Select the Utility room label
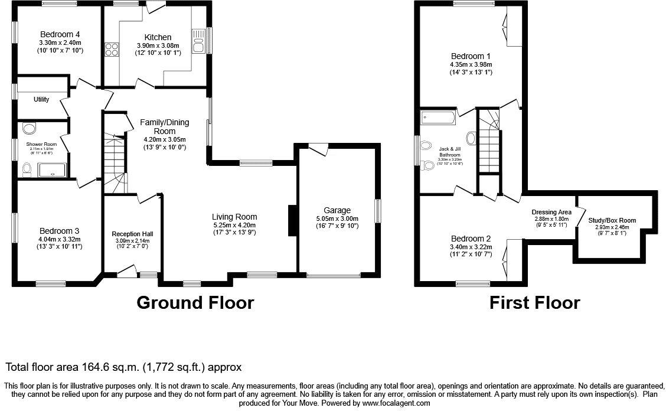41,99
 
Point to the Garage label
337,210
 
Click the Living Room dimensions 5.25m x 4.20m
234,225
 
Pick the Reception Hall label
132,234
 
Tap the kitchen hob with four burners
112,50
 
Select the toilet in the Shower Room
27,170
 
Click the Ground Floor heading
195,303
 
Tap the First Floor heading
534,303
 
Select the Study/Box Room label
609,220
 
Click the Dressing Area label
551,212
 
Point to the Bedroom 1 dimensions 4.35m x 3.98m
471,65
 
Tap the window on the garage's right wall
378,211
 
